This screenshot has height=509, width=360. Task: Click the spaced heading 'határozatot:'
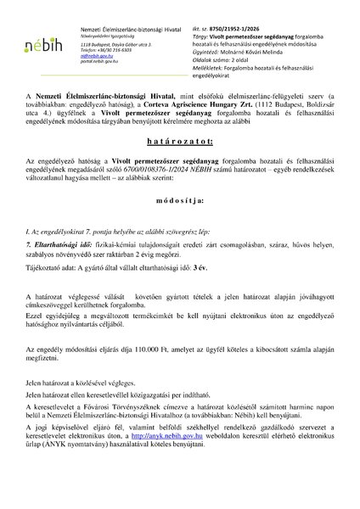179,138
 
